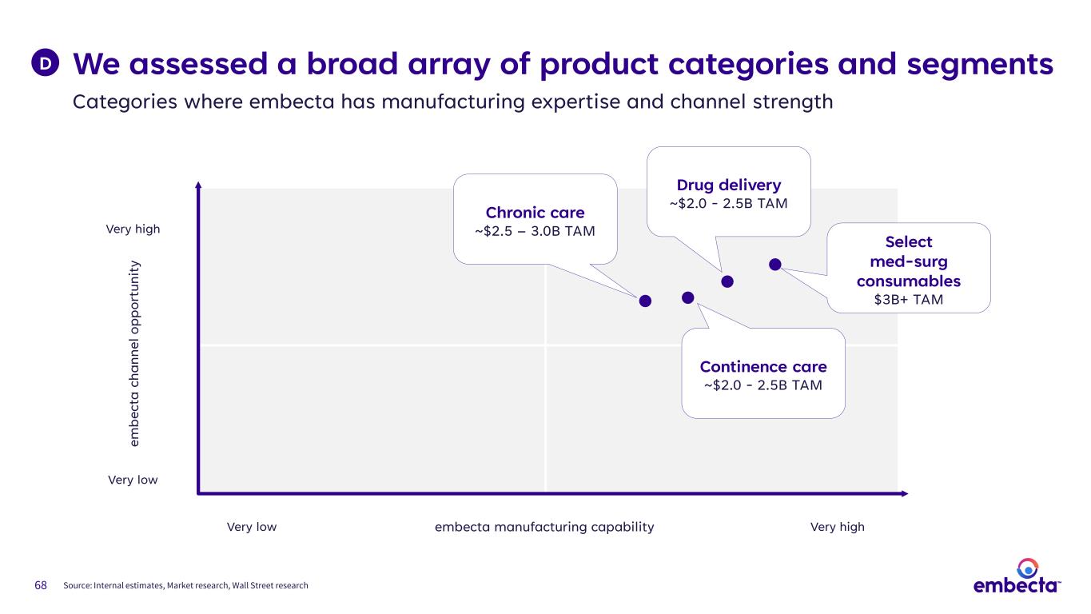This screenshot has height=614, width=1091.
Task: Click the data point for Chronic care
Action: pos(645,301)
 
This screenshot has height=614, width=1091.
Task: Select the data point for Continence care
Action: pos(688,297)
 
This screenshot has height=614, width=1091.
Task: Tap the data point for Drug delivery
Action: pos(727,281)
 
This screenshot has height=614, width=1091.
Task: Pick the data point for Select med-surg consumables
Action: pos(774,264)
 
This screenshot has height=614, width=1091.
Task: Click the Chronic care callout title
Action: pos(535,213)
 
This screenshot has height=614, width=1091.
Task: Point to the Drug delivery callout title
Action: pos(727,186)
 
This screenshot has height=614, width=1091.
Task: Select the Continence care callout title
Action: pos(763,367)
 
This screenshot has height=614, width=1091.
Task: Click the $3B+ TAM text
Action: pos(908,300)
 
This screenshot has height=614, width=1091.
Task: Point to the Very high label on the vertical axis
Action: pos(133,229)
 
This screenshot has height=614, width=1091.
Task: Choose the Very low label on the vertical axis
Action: pos(133,480)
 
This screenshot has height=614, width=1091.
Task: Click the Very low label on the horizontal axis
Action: pos(252,527)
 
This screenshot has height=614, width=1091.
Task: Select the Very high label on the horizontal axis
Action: pos(837,527)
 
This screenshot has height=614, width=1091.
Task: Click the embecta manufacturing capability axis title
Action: pos(544,527)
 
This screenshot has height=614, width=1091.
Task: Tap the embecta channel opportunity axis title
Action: pos(135,352)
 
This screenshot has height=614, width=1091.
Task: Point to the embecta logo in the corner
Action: pos(1017,577)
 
